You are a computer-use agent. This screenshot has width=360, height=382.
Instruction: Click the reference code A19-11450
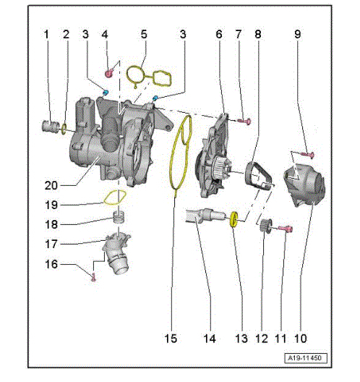(306, 358)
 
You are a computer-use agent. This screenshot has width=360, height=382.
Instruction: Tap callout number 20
(51, 186)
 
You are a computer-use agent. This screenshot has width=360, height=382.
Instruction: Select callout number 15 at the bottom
(171, 339)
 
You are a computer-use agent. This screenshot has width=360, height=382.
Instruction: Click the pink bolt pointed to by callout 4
(109, 73)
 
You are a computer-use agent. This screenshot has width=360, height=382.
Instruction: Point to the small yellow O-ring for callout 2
(64, 129)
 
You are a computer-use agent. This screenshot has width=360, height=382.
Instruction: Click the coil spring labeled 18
(119, 217)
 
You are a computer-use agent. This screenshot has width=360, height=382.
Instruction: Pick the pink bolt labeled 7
(244, 121)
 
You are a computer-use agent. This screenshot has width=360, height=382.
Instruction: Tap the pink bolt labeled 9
(307, 154)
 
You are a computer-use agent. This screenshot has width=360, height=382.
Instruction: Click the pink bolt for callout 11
(286, 229)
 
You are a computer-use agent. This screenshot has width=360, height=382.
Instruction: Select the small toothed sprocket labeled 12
(265, 226)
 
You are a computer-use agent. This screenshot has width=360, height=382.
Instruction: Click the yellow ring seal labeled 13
(233, 219)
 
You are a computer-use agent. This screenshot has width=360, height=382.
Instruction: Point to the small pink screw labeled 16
(93, 277)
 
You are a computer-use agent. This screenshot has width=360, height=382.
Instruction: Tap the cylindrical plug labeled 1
(51, 126)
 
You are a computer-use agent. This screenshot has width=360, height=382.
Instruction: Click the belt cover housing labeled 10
(305, 185)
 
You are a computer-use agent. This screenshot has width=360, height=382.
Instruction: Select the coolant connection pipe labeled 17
(117, 253)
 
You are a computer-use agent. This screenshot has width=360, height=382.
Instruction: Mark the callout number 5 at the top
(144, 34)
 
